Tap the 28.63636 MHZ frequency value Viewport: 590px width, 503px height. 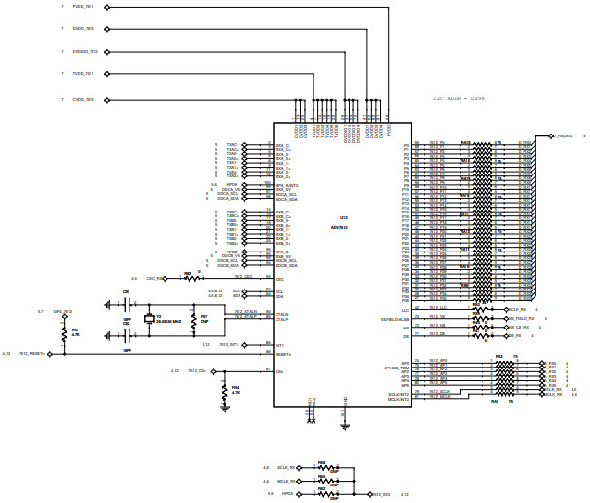170,321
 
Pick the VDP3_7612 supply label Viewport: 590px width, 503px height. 62,311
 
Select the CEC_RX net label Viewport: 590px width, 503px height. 153,279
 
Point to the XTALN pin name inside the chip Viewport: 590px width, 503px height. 282,312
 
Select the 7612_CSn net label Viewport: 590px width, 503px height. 195,371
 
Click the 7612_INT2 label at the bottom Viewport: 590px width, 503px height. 380,495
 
